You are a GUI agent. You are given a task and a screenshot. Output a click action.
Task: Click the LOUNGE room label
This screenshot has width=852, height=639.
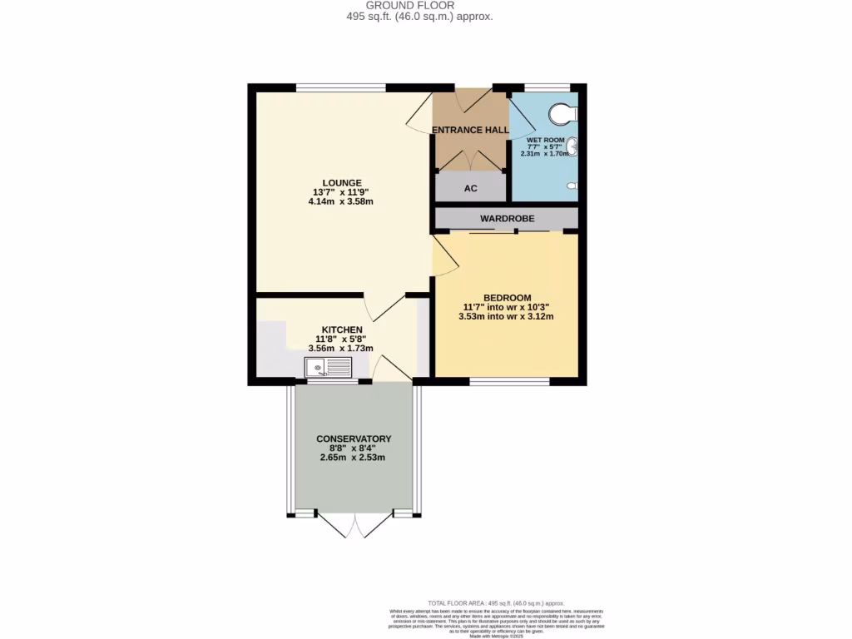click(342, 182)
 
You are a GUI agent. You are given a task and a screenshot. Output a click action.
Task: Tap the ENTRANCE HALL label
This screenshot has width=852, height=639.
click(469, 130)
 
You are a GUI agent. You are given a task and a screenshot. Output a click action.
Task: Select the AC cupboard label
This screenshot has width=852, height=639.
click(470, 188)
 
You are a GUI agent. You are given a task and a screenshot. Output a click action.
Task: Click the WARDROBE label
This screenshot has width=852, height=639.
click(507, 219)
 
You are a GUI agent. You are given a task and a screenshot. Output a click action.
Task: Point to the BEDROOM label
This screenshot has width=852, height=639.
click(507, 298)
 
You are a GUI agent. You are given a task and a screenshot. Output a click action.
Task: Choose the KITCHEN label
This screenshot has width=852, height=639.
click(342, 329)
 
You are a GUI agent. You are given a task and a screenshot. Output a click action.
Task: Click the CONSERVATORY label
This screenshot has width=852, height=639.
click(353, 438)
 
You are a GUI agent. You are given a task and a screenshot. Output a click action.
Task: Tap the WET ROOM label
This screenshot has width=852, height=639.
click(545, 140)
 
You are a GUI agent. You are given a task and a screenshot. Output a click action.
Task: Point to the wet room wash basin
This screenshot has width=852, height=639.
click(572, 148)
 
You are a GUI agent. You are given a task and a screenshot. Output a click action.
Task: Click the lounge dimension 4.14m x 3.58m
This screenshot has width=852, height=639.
click(342, 201)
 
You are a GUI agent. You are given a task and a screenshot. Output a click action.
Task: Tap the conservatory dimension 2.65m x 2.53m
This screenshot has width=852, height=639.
click(353, 457)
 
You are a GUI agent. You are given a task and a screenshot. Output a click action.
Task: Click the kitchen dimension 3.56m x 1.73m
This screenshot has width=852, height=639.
click(340, 349)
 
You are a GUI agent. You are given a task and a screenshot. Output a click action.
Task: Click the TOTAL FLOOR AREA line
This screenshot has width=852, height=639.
click(496, 602)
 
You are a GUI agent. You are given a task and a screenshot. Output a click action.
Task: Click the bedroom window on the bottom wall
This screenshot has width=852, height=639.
click(509, 382)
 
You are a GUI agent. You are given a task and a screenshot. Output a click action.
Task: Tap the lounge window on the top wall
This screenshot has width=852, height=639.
click(341, 87)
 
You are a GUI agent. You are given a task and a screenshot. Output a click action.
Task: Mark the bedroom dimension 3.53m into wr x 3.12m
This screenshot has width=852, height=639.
click(506, 316)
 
